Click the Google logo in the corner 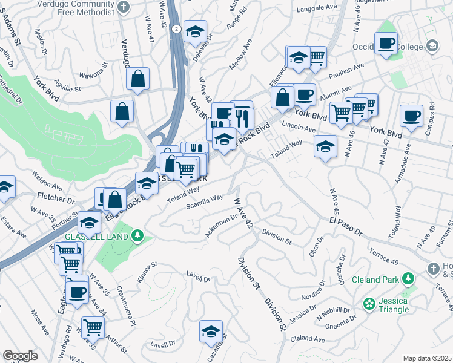coord(20,356)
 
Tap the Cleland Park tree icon coord(409,279)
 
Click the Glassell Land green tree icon coord(139,235)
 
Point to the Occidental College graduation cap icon coord(432,46)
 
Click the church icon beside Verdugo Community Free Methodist coord(124,7)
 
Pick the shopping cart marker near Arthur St coord(93,327)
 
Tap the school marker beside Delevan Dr coord(195,31)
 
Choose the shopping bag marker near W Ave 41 coord(139,78)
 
